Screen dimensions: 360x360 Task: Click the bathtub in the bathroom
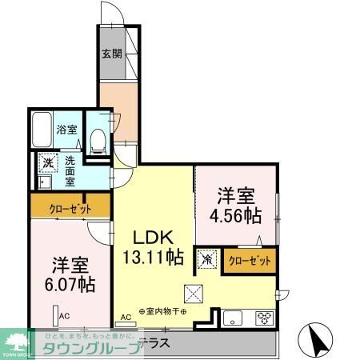(x=42, y=129)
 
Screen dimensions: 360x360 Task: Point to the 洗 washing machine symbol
(x=48, y=163)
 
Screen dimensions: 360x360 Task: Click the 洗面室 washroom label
(x=70, y=170)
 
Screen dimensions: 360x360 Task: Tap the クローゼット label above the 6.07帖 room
(x=70, y=210)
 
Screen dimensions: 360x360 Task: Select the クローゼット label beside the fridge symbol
(x=250, y=260)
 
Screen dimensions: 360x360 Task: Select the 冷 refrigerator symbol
(x=207, y=259)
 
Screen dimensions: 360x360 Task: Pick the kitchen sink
(x=233, y=317)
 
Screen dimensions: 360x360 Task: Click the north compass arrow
(x=315, y=340)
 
